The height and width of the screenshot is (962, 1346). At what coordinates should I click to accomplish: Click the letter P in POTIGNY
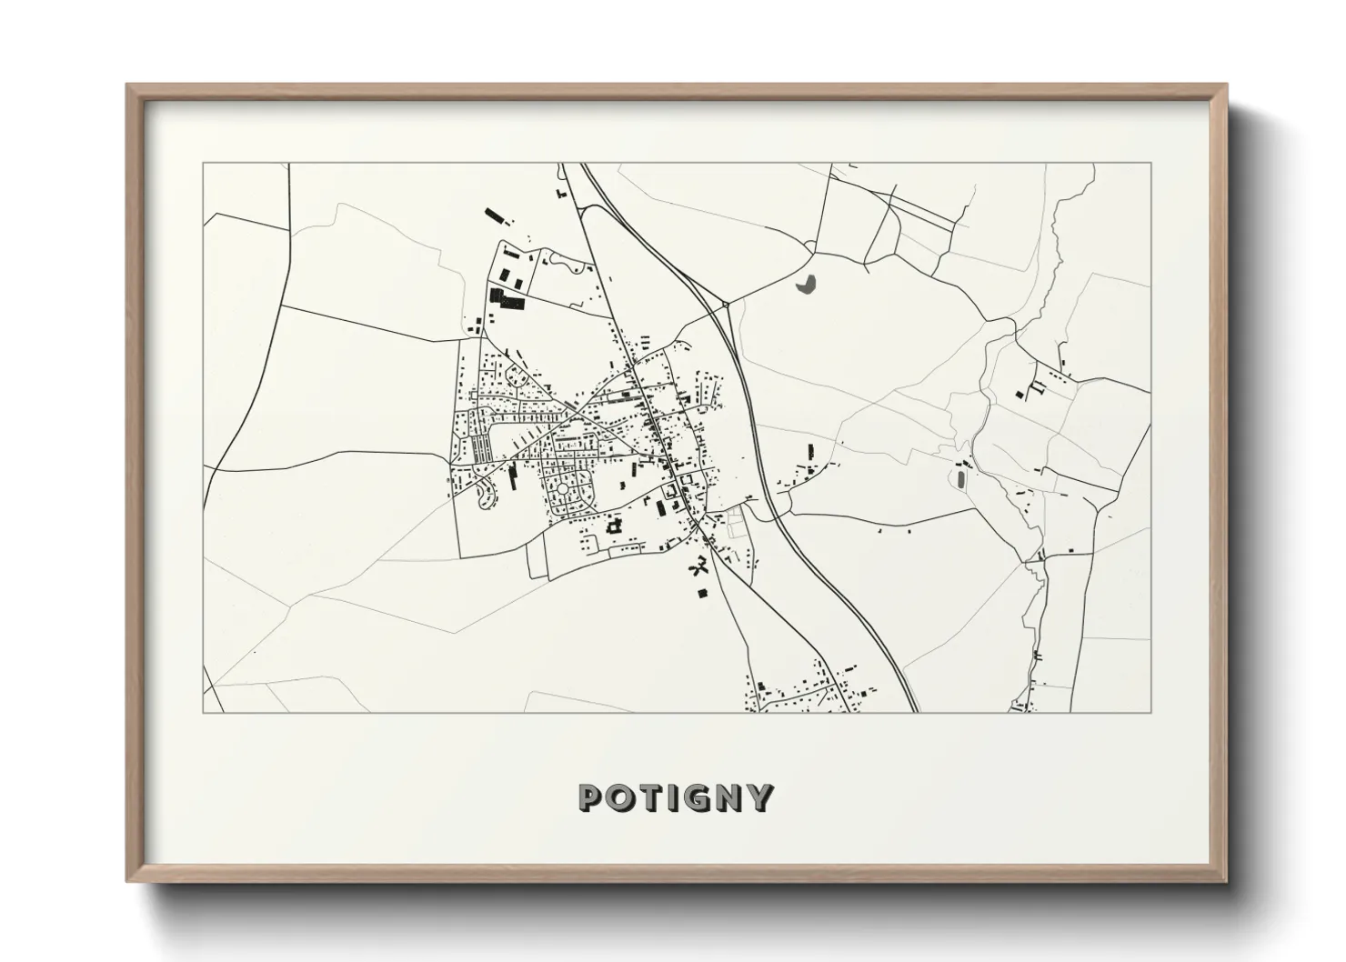(590, 798)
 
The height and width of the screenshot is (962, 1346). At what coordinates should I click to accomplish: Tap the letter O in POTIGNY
(618, 798)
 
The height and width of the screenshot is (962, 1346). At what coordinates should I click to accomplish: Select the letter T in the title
(645, 798)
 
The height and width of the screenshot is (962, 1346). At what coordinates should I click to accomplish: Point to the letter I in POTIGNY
(667, 798)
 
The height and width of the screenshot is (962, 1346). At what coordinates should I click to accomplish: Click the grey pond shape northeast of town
(806, 285)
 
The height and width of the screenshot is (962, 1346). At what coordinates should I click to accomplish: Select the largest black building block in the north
(507, 299)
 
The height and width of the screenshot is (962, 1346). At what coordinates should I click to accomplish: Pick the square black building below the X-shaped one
(701, 594)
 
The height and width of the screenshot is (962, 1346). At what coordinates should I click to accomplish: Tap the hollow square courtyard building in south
(614, 526)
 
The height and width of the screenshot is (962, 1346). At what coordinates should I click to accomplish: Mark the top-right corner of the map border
(1151, 163)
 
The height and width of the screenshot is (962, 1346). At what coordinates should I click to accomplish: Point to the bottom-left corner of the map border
(203, 712)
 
